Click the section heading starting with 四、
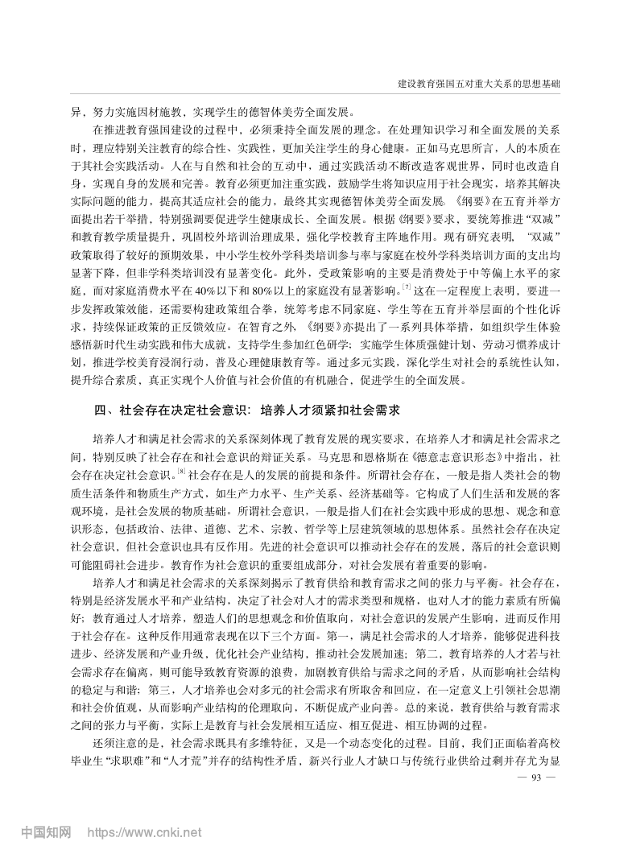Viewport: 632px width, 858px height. click(246, 410)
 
